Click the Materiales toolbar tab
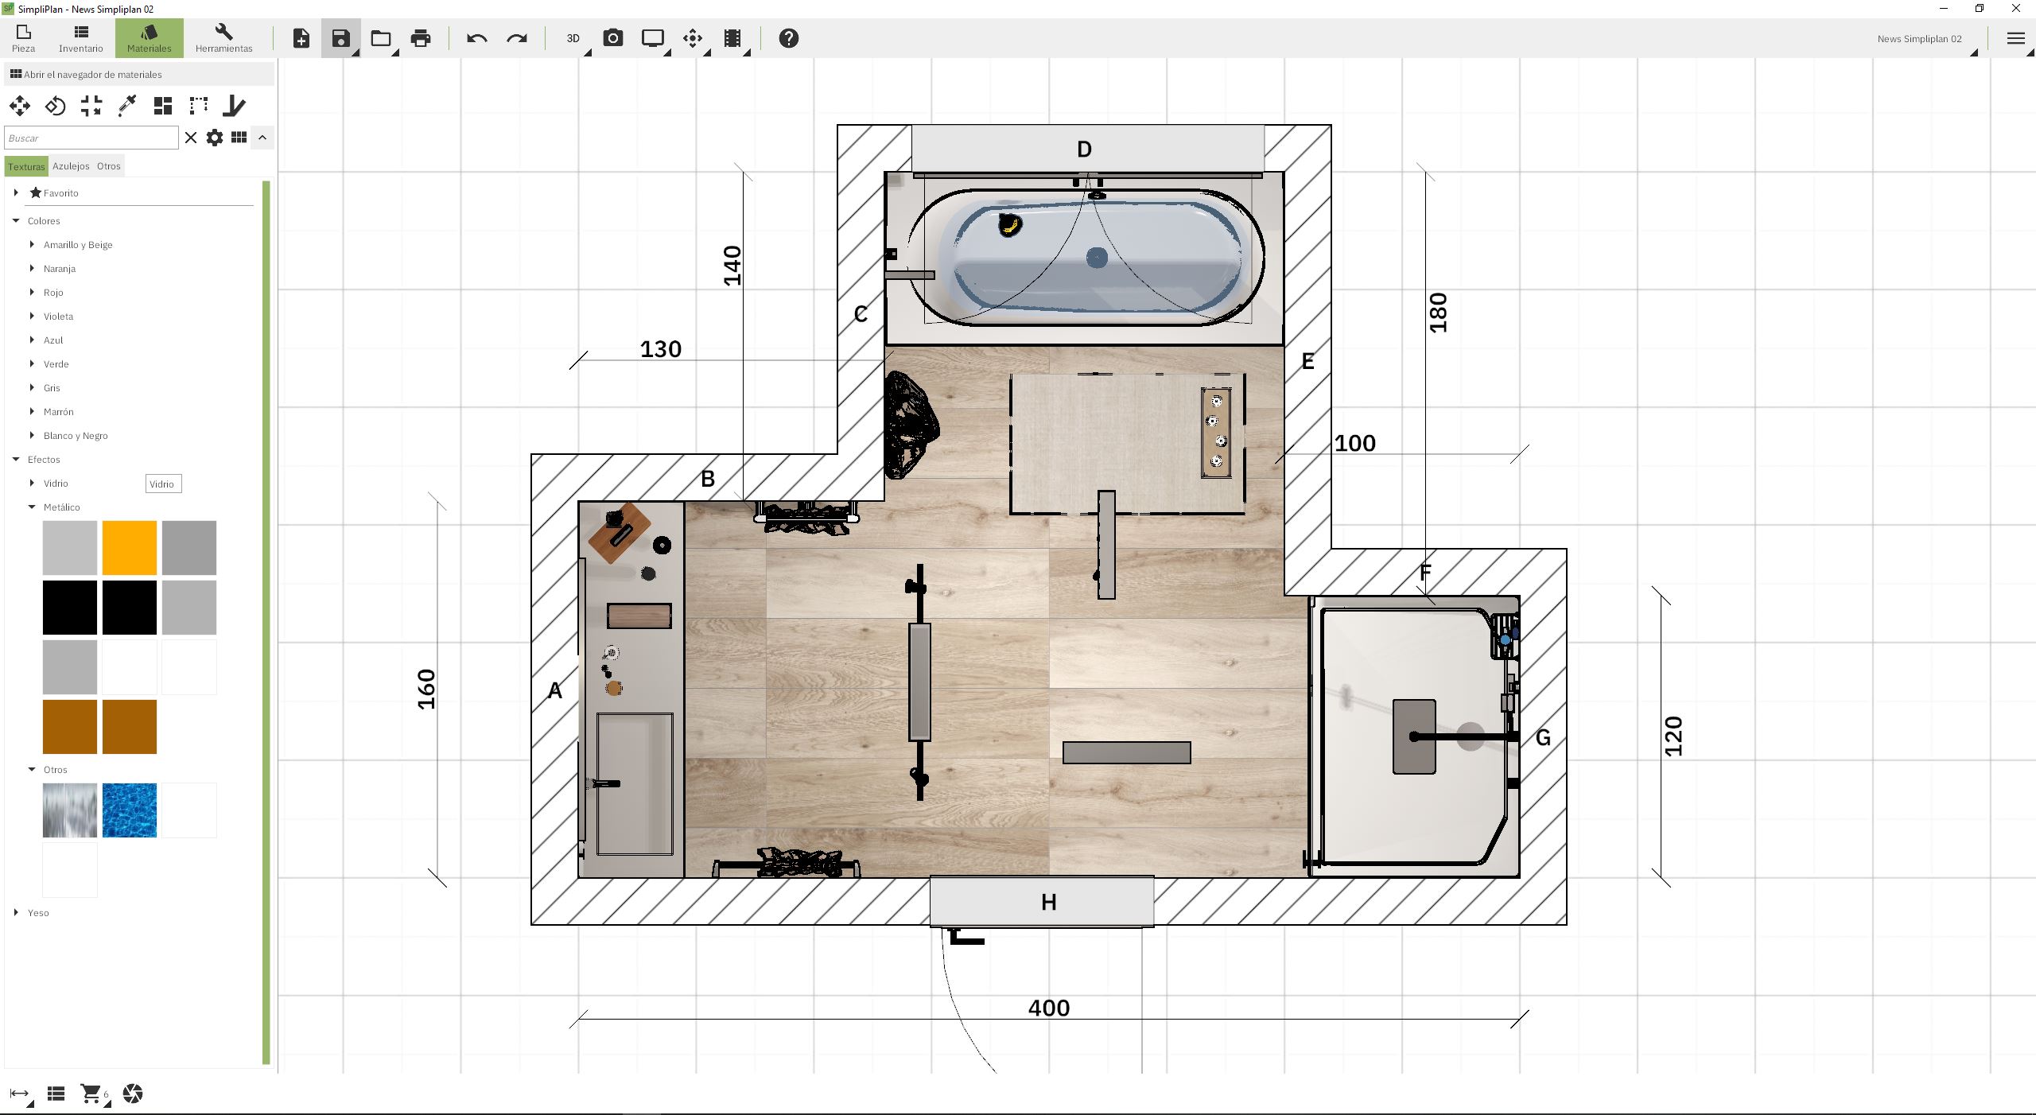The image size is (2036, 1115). [x=149, y=38]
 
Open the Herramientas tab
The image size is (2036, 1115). [x=223, y=38]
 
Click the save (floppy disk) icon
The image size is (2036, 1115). [x=340, y=38]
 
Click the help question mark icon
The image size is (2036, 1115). [x=788, y=38]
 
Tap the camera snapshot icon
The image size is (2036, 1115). [x=613, y=38]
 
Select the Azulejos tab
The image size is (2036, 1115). [x=71, y=166]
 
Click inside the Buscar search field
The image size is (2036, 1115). [x=91, y=138]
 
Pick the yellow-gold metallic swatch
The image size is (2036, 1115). [x=130, y=548]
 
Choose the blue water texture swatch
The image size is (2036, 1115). [x=130, y=810]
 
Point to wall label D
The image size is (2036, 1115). [x=1084, y=150]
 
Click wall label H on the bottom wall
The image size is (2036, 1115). [x=1049, y=903]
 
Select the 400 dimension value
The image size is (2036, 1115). [x=1049, y=1008]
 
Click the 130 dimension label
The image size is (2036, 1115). [x=661, y=349]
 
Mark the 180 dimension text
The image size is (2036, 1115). [x=1438, y=313]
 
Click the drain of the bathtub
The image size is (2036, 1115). [x=1097, y=257]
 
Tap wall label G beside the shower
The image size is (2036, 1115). [x=1543, y=738]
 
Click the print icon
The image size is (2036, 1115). [x=421, y=38]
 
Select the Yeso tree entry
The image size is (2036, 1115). [x=38, y=913]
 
